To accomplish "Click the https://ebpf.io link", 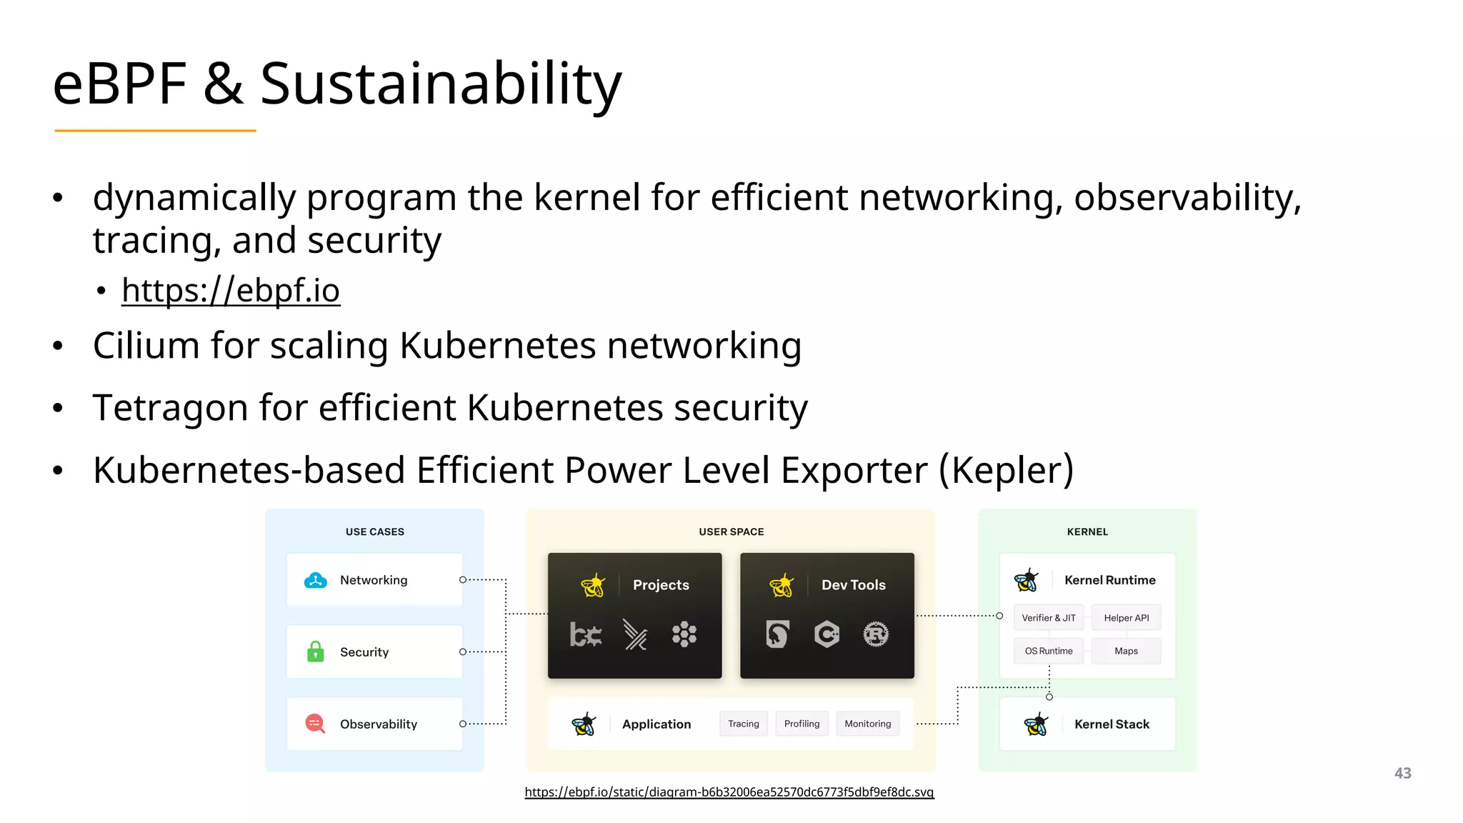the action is point(230,290).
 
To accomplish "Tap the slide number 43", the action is point(1402,773).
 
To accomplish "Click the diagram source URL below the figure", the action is point(729,792).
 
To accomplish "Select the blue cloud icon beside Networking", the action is point(315,580).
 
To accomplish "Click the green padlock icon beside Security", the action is point(315,652).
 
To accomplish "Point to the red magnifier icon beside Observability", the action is point(315,724).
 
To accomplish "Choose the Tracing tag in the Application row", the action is point(743,724).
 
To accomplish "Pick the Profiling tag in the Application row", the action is point(802,724).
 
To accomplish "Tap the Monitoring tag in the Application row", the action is point(867,724).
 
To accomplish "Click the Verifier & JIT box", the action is point(1048,618).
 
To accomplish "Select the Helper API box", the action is point(1126,618).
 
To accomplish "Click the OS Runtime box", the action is point(1048,651).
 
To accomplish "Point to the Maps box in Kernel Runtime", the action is point(1126,651).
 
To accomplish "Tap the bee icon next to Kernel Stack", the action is point(1036,724).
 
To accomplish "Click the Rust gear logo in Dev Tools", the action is point(876,634).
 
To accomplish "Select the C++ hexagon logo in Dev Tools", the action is point(827,634).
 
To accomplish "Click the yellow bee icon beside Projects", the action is point(592,585).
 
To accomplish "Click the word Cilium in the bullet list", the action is point(146,346).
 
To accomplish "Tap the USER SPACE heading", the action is point(731,532).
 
